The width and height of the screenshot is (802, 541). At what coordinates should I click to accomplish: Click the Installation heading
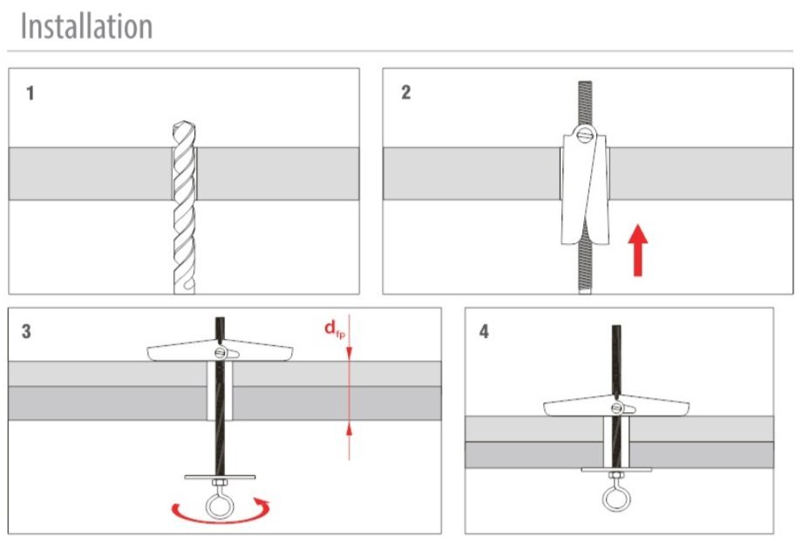click(85, 26)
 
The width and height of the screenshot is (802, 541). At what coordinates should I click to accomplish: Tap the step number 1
click(31, 93)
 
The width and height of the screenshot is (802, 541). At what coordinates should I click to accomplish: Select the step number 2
click(405, 93)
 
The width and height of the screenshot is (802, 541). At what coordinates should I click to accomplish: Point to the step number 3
click(27, 332)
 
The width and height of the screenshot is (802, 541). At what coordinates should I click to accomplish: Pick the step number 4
click(484, 333)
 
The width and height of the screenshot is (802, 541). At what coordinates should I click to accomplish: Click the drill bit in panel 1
click(184, 209)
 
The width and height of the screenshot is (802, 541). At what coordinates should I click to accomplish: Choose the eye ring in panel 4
click(616, 497)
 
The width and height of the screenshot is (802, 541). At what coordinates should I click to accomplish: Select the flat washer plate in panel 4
click(615, 471)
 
